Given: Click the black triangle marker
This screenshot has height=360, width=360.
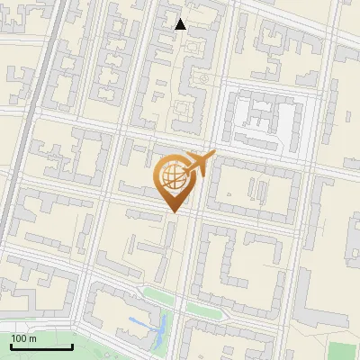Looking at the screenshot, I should (181, 24).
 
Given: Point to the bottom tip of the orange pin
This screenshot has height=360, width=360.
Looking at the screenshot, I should (172, 212).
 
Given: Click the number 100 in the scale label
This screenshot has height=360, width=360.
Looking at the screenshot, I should (19, 338).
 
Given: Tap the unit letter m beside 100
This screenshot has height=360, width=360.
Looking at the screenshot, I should (32, 338).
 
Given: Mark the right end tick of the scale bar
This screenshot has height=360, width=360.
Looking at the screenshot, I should (72, 345).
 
